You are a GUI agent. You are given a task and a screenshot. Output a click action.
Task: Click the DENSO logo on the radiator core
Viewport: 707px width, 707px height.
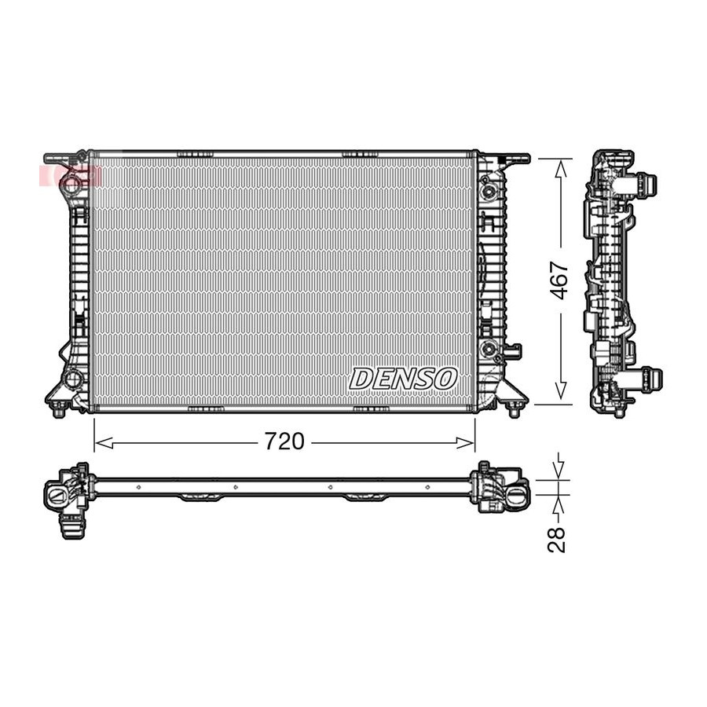point(403,379)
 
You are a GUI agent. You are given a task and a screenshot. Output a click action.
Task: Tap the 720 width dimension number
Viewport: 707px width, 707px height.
point(284,441)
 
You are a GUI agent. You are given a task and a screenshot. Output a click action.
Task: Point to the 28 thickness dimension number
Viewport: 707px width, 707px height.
point(556,539)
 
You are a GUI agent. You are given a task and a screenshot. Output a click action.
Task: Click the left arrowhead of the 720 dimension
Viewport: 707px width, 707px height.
point(104,443)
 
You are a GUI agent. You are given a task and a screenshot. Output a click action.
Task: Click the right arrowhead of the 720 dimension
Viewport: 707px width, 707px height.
point(465,443)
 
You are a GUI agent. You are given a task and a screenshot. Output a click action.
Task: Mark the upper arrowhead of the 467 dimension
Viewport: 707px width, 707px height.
point(560,170)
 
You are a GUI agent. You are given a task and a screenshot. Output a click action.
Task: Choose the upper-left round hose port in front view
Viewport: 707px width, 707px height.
point(71,182)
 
